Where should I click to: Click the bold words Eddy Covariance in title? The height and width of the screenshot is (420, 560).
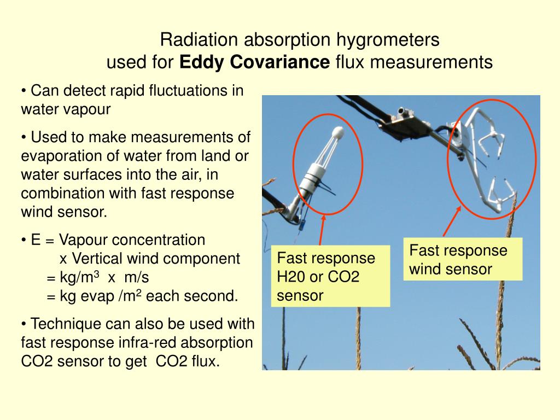click(254, 63)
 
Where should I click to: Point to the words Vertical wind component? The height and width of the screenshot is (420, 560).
click(149, 259)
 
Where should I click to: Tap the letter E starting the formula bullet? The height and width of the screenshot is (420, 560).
click(36, 240)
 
